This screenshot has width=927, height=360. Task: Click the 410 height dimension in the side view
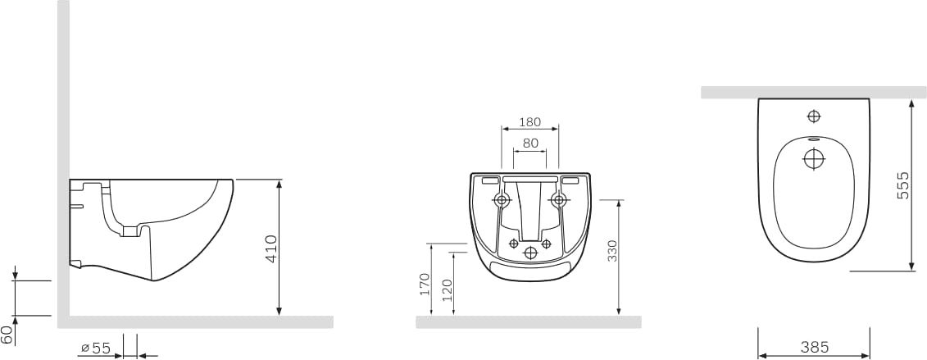(271, 248)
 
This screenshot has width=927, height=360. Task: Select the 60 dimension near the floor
(7, 332)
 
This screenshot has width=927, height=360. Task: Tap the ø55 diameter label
(96, 349)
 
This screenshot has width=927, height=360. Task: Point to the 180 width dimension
(529, 122)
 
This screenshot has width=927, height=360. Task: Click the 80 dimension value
(529, 143)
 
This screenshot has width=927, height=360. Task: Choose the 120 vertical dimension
(448, 290)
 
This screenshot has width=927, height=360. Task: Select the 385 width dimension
(813, 347)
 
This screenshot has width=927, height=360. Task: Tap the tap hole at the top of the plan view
(814, 116)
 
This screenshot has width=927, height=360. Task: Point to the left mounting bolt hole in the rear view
(502, 199)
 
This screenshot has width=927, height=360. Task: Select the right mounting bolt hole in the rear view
(558, 199)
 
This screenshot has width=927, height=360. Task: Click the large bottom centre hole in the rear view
(529, 253)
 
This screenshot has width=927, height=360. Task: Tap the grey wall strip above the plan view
(813, 92)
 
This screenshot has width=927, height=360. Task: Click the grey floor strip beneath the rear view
(529, 321)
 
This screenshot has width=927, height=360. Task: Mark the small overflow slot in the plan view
(813, 140)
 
